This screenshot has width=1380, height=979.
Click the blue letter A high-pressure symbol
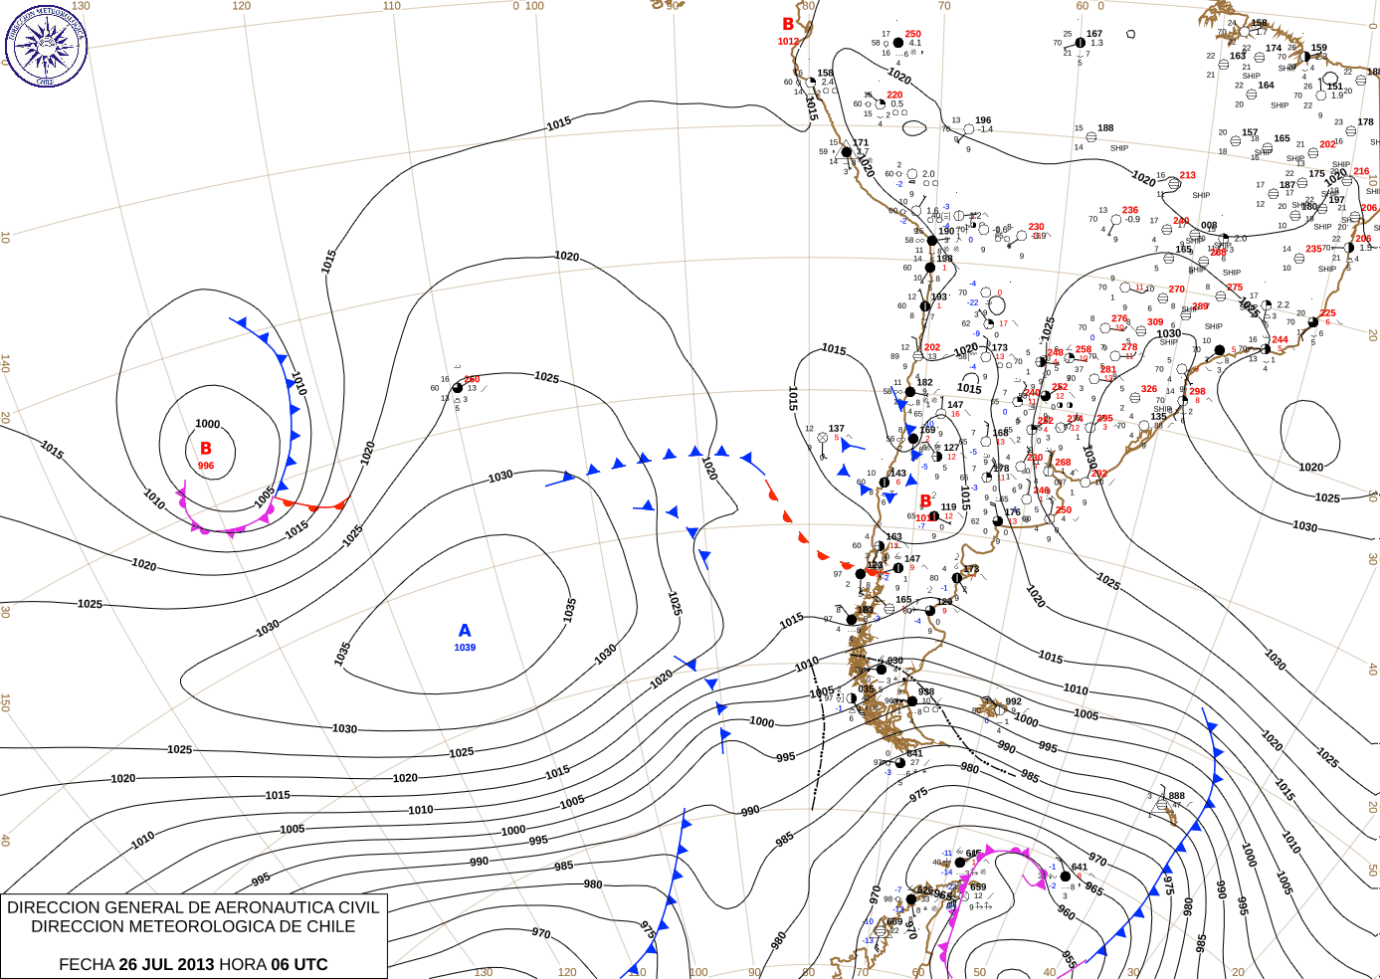pos(465,631)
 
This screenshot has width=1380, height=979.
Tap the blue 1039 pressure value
pos(465,648)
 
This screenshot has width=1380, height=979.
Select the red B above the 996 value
pos(206,449)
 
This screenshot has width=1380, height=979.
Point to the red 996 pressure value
pos(206,466)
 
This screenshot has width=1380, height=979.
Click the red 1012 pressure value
pos(788,42)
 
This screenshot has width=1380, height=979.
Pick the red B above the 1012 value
pos(788,25)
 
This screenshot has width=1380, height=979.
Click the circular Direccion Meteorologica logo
pos(46,45)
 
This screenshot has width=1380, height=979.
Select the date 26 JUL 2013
pos(166,964)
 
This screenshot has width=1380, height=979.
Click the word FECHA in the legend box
pos(87,964)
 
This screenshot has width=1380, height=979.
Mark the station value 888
pos(1177,796)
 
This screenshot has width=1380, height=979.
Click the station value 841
pos(914,753)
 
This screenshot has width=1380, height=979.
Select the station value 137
pos(837,429)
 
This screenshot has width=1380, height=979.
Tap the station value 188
pos(1105,128)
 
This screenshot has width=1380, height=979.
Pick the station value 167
pos(1094,34)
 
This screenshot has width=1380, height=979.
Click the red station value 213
pos(1187,175)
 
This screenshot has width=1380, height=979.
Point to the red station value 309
pos(1155,322)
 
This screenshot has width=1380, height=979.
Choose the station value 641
pos(1080,868)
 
